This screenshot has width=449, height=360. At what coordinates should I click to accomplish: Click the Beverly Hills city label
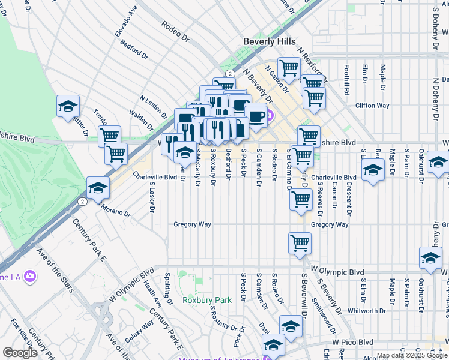pos(269,41)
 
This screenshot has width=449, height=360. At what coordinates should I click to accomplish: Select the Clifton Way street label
pos(372,106)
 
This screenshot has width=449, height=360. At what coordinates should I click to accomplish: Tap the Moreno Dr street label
pos(115,210)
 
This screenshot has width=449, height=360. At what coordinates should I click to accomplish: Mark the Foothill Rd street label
pos(346,81)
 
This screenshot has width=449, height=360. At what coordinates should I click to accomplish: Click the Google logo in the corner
pos(20,353)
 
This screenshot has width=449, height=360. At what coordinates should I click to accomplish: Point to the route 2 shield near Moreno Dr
pos(81,202)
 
